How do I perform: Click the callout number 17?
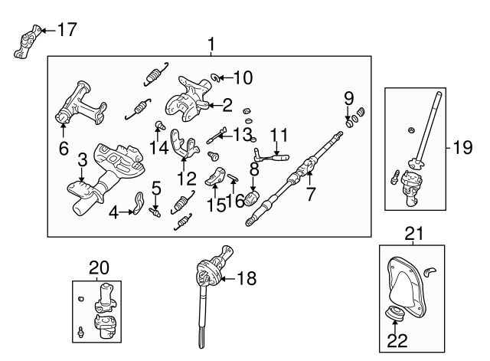coord(67,30)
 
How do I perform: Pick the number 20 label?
coord(100,267)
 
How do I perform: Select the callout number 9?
coord(348,98)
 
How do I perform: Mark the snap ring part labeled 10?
coord(217,77)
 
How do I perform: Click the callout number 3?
coord(81,160)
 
